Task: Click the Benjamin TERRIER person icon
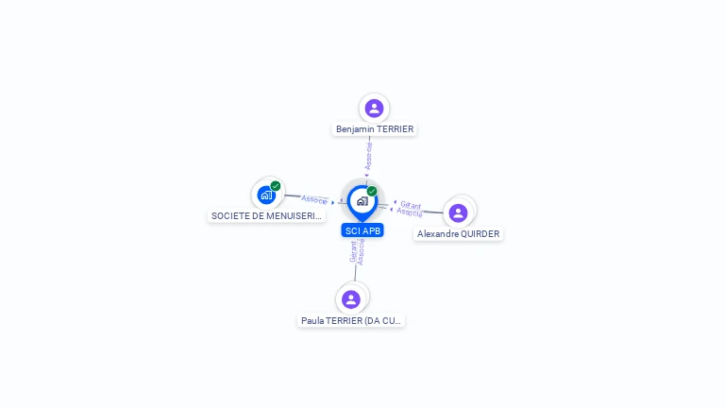[374, 108]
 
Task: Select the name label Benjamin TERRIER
[375, 129]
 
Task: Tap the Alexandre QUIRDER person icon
[458, 212]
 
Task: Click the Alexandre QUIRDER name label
[458, 234]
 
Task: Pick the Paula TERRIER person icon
[351, 299]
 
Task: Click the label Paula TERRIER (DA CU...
[351, 321]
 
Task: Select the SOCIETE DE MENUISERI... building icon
[266, 195]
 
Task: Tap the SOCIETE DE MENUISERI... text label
[266, 216]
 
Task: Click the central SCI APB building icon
[362, 200]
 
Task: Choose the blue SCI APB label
[362, 230]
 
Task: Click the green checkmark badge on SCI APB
[372, 191]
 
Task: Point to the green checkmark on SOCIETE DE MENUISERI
[276, 186]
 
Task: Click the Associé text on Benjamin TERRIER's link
[369, 156]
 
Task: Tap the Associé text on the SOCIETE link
[314, 199]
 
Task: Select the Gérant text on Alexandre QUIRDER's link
[411, 204]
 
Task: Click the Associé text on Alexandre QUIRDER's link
[409, 212]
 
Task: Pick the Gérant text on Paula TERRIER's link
[353, 252]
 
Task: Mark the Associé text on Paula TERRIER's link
[361, 251]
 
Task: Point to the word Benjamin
[355, 129]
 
